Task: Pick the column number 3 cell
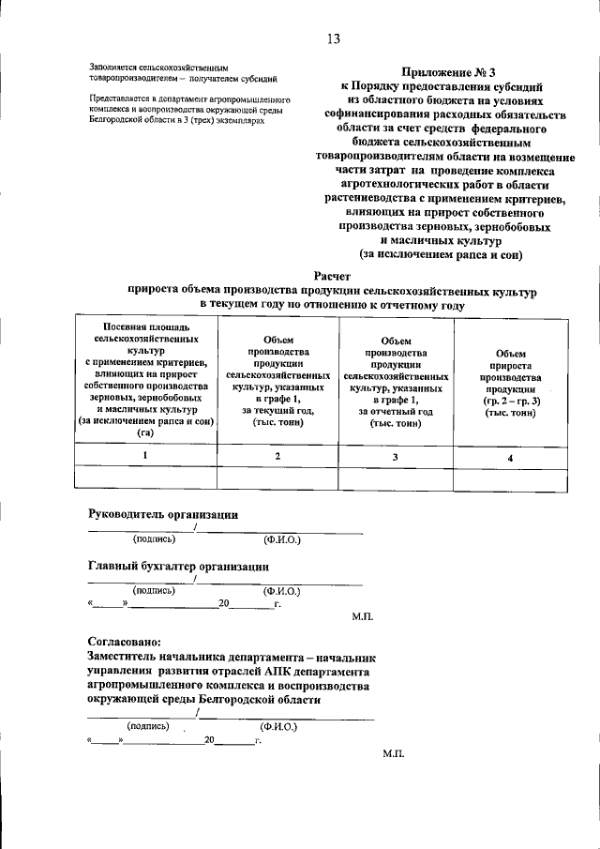tap(395, 456)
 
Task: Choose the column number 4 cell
tap(510, 457)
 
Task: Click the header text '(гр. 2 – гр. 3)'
tap(510, 401)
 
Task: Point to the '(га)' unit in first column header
tap(144, 433)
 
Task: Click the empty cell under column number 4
tap(510, 478)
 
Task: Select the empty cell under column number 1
tap(144, 478)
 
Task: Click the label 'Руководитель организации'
tap(163, 514)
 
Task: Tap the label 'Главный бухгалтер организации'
tap(178, 567)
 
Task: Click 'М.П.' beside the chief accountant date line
tap(364, 617)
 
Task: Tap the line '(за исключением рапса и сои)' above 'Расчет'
tap(442, 255)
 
